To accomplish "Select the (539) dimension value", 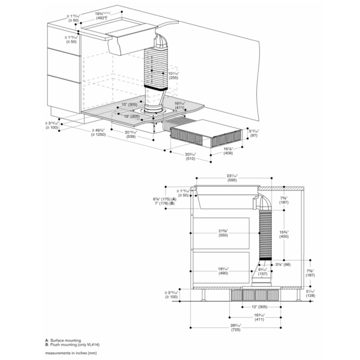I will click(130, 137).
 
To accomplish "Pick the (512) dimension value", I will click(190, 158).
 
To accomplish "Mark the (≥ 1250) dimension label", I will click(98, 134).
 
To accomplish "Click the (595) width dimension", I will click(232, 180).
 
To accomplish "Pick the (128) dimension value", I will click(310, 295).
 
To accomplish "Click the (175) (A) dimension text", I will click(165, 199).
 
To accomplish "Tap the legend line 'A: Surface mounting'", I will click(63, 340).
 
